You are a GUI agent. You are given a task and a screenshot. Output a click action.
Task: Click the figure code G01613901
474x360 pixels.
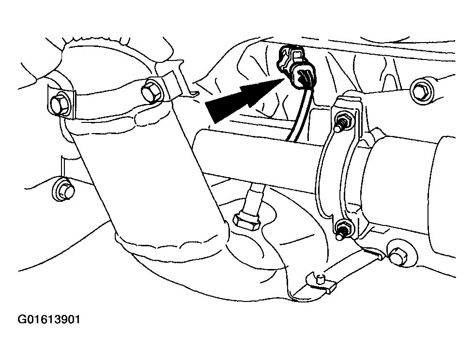coord(49,319)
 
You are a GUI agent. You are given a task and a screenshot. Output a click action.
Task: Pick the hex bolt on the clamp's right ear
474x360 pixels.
coord(151,91)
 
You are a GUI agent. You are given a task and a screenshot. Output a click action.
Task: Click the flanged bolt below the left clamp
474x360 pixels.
coord(63,190)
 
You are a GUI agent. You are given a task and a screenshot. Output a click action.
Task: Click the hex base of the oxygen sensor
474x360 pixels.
coord(246,221)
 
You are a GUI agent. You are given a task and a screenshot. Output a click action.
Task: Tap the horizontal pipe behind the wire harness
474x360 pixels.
coord(257,154)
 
